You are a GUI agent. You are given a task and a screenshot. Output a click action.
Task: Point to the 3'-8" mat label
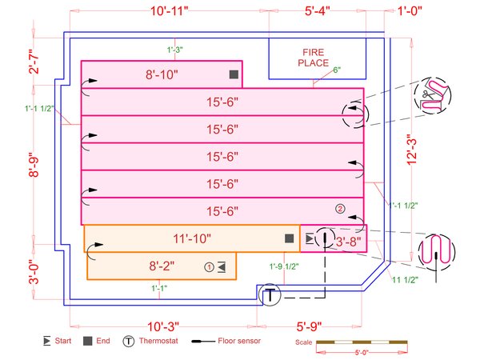click(349, 239)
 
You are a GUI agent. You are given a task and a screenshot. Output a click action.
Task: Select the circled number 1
click(210, 266)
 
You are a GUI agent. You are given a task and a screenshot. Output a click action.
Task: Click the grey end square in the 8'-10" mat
click(234, 74)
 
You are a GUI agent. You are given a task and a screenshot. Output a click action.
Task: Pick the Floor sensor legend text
click(237, 342)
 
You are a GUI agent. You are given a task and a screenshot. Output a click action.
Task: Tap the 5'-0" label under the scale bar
click(363, 352)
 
